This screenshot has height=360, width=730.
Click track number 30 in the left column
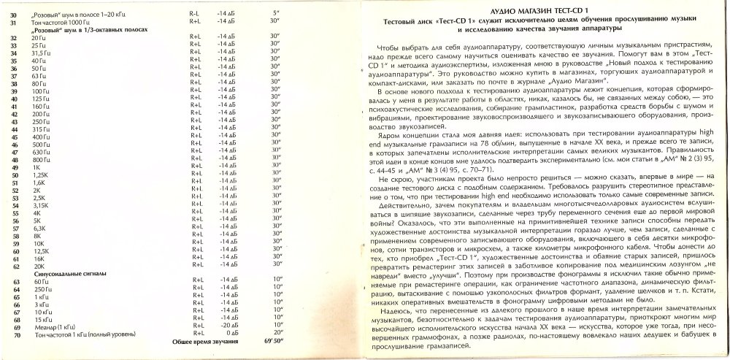tap(15, 14)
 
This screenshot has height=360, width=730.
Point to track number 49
tap(15, 167)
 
